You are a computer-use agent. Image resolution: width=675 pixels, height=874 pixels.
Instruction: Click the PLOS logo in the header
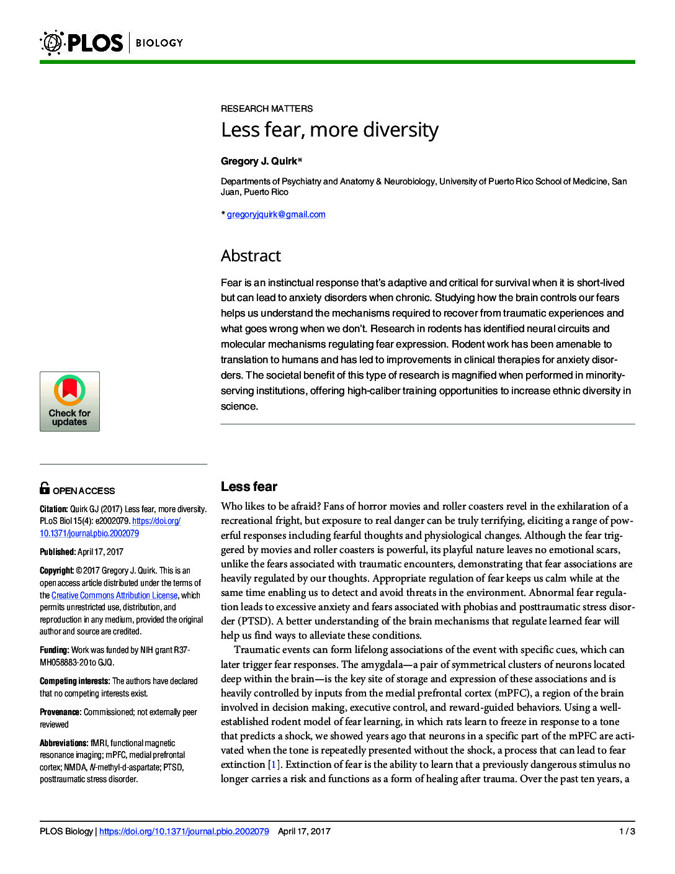pos(81,43)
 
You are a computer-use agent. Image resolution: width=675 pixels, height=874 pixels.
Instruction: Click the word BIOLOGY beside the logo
pos(159,43)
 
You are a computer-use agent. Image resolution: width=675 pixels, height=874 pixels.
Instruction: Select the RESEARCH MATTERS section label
pos(267,109)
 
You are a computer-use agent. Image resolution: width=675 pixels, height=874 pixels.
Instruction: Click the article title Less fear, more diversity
pos(329,130)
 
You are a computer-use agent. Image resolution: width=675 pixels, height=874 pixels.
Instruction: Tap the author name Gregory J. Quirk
pos(259,161)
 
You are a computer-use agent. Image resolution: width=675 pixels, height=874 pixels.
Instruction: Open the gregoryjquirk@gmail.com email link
pos(276,214)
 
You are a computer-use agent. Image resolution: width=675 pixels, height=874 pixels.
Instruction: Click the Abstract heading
pos(251,256)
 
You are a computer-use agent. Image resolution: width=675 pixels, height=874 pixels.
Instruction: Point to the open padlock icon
pos(45,488)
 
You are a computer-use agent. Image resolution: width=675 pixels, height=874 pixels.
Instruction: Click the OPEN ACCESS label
pos(84,490)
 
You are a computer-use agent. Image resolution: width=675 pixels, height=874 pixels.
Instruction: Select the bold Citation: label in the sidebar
pos(53,509)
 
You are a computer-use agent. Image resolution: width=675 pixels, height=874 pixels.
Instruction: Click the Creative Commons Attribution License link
pos(114,595)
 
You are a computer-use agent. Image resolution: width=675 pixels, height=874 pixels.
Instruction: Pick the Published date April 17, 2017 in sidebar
pos(101,552)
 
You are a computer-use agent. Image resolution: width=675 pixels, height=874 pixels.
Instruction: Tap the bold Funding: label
pos(55,650)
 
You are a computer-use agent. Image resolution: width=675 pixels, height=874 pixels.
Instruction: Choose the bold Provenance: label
pos(60,712)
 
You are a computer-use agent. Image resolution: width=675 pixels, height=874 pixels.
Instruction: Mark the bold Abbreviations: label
pos(64,743)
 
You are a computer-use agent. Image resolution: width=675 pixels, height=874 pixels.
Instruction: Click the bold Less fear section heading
pos(249,487)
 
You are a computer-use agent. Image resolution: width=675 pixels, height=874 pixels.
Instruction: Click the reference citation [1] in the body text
pos(274,764)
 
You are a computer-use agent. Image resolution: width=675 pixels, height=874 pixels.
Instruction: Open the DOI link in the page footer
pos(184,831)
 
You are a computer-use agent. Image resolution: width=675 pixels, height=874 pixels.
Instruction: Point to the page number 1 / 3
pos(627,831)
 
